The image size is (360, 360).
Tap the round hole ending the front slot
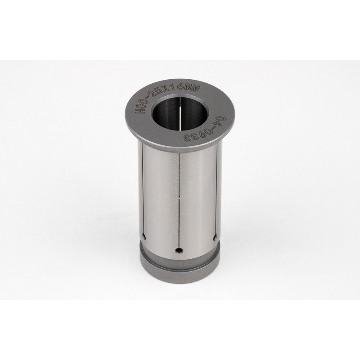pos(180,250)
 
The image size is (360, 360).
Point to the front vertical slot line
pos(179,202)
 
